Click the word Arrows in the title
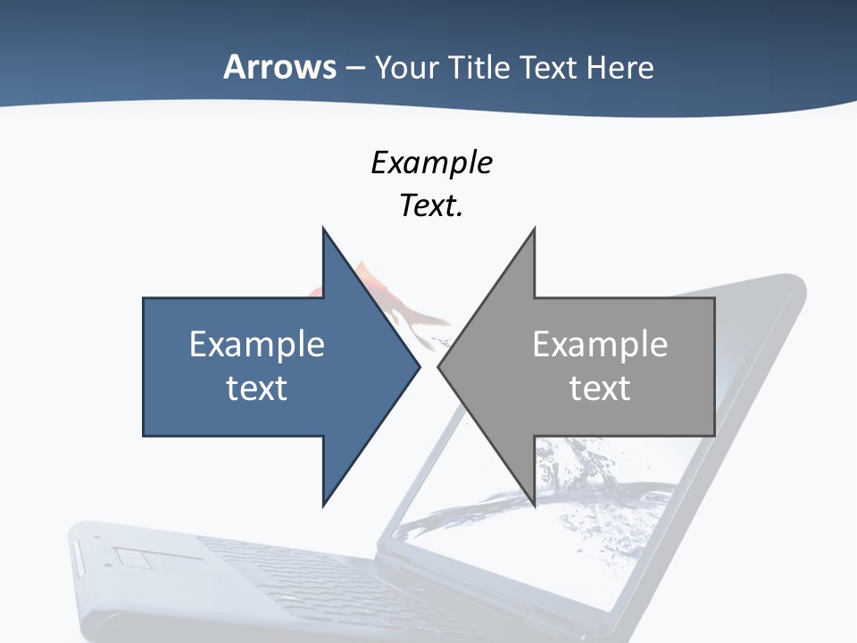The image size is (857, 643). [279, 67]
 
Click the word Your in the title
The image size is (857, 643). [406, 67]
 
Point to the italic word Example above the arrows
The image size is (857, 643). [431, 163]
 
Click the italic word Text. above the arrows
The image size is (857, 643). [431, 205]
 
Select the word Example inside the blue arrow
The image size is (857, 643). [257, 344]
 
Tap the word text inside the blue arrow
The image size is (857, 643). [257, 388]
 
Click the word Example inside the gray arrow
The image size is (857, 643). [600, 344]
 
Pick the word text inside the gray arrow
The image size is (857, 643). [600, 388]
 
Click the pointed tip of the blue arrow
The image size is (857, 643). [418, 366]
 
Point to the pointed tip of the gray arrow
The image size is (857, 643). [440, 366]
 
